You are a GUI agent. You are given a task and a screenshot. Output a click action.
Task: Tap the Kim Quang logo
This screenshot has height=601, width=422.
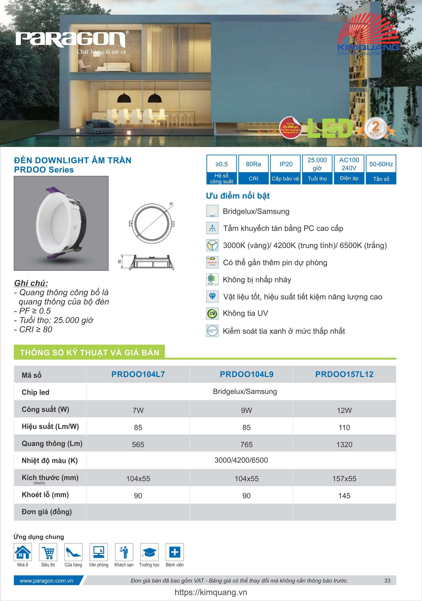(368, 35)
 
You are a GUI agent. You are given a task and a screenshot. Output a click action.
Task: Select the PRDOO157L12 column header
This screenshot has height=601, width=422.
(344, 374)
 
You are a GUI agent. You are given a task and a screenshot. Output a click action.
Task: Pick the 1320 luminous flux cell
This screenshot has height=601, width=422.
(344, 444)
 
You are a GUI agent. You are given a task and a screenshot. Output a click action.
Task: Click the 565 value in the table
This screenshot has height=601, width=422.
(138, 444)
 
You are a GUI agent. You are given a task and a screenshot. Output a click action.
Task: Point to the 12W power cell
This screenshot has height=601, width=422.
(344, 410)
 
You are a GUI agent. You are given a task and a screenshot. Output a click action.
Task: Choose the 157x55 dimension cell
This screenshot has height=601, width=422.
(344, 479)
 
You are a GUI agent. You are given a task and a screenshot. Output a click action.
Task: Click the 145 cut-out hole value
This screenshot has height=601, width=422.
(344, 496)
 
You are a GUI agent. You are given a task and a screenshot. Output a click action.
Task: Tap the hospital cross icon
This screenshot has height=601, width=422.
(175, 552)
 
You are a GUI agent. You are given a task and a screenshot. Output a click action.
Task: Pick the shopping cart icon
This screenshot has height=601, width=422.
(48, 552)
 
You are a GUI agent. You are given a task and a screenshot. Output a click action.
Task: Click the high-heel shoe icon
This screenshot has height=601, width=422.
(73, 552)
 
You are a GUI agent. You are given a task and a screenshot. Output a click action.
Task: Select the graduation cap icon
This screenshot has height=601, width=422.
(149, 552)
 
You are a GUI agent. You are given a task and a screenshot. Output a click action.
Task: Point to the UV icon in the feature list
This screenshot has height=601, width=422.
(212, 314)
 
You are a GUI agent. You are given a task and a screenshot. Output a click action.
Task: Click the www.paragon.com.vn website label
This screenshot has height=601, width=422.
(46, 581)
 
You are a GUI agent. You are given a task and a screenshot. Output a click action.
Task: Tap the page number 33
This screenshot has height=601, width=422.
(387, 581)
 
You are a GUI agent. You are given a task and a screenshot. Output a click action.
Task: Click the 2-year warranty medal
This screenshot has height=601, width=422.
(375, 128)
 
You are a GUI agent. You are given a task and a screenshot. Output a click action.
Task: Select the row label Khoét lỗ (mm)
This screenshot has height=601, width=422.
(45, 495)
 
